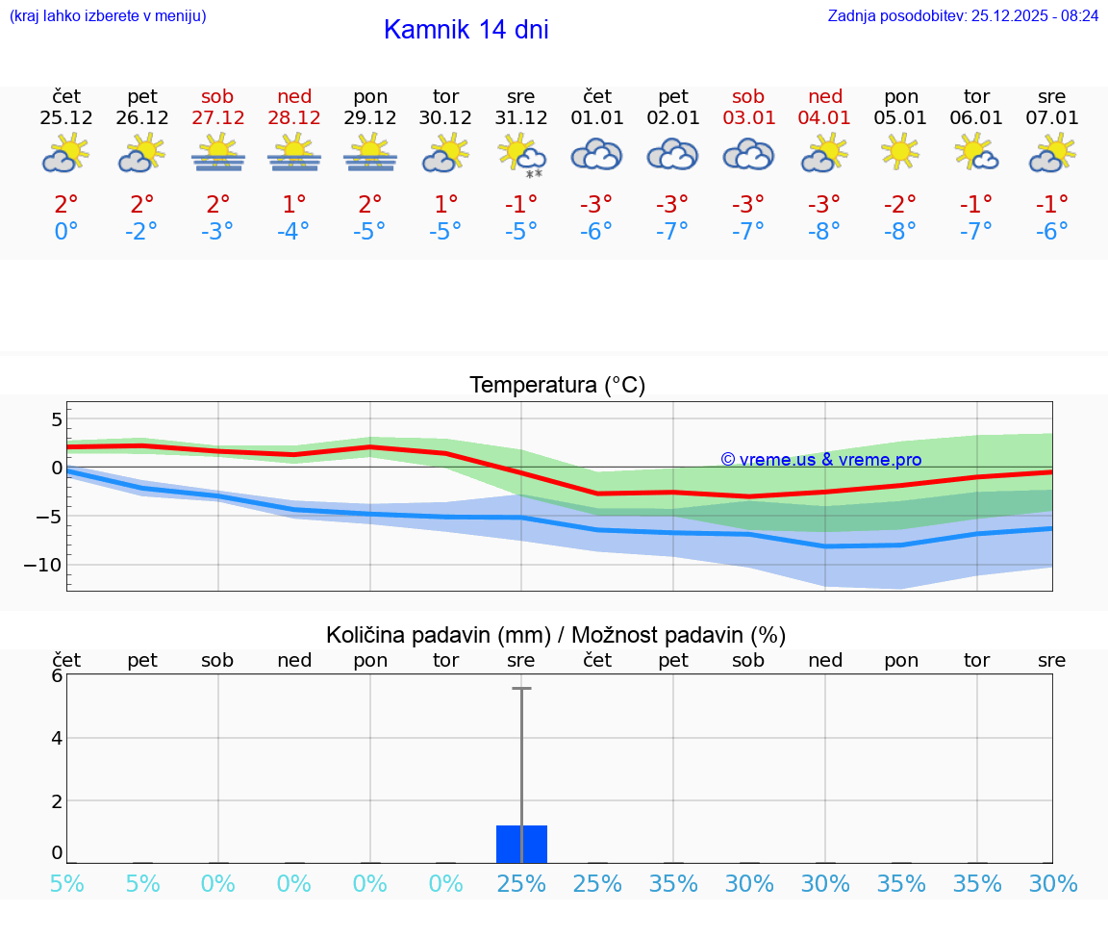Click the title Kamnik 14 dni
point(466,30)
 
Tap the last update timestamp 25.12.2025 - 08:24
point(963,16)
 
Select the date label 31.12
point(520,118)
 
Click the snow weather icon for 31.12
point(520,155)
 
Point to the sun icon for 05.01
point(900,152)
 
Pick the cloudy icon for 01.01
point(596,154)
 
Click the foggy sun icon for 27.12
point(217,153)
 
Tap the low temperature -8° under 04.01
point(824,232)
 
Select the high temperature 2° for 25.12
point(65,204)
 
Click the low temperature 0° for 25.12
point(65,232)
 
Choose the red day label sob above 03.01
point(748,96)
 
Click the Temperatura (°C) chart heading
point(557,386)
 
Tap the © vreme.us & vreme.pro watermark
point(820,460)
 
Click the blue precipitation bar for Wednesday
point(521,845)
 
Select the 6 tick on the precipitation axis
point(57,675)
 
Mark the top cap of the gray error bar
point(521,689)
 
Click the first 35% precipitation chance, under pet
point(672,884)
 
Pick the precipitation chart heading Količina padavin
point(556,635)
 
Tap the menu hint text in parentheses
point(107,16)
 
